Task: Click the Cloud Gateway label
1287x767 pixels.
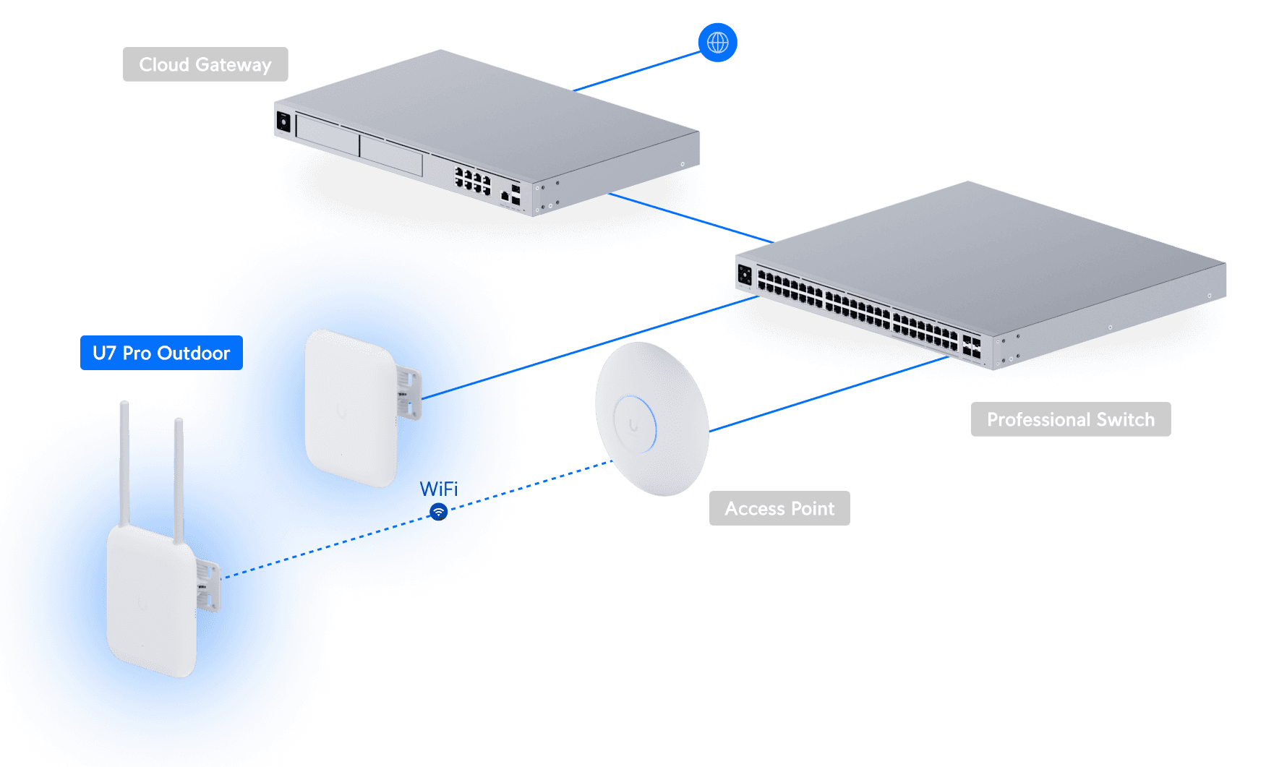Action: pyautogui.click(x=205, y=64)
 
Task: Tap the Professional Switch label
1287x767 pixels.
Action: pyautogui.click(x=1070, y=419)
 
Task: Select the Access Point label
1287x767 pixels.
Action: pyautogui.click(x=779, y=508)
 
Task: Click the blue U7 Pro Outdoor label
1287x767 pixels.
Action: pyautogui.click(x=161, y=353)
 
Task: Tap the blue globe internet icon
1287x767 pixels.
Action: pyautogui.click(x=717, y=43)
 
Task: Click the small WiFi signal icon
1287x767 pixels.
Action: pyautogui.click(x=438, y=512)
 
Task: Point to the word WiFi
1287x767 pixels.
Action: pyautogui.click(x=439, y=489)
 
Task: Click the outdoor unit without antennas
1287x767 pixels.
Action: pyautogui.click(x=351, y=408)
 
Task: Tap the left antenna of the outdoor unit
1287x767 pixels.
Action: pyautogui.click(x=124, y=463)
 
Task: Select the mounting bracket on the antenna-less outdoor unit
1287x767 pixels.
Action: pyautogui.click(x=409, y=393)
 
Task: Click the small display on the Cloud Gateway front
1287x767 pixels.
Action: pyautogui.click(x=283, y=121)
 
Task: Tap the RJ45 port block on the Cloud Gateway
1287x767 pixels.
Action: pyautogui.click(x=472, y=180)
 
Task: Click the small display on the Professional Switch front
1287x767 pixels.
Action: pyautogui.click(x=745, y=275)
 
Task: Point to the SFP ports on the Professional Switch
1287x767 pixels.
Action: pyautogui.click(x=971, y=346)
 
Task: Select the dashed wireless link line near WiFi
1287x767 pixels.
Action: pyautogui.click(x=535, y=484)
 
